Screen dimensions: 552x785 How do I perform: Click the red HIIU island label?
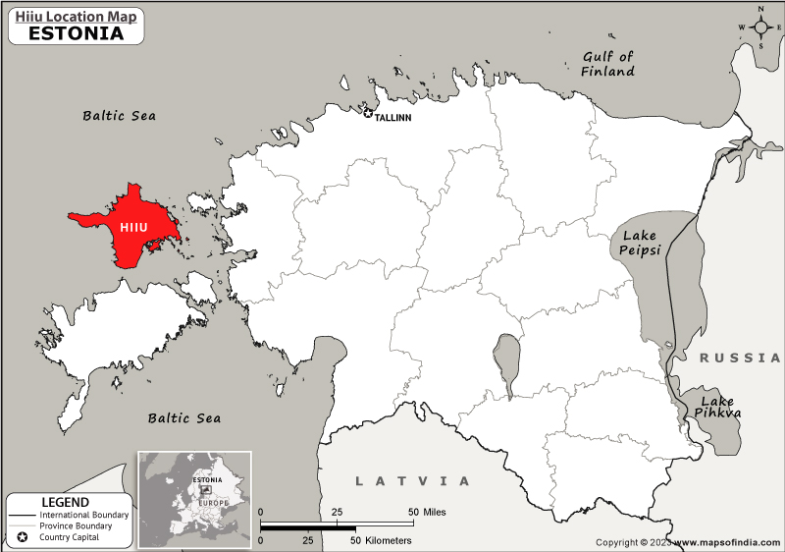pos(132,227)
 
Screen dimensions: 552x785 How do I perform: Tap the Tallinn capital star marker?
pos(368,115)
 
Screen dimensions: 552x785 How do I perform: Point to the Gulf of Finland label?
pos(608,64)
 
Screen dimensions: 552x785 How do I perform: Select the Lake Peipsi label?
pos(639,243)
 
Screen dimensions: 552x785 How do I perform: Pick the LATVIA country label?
pos(412,481)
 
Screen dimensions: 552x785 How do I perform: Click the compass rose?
pos(760,28)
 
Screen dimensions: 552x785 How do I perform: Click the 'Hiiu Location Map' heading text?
pos(77,15)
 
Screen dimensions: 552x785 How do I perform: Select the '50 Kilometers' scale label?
pos(381,540)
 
